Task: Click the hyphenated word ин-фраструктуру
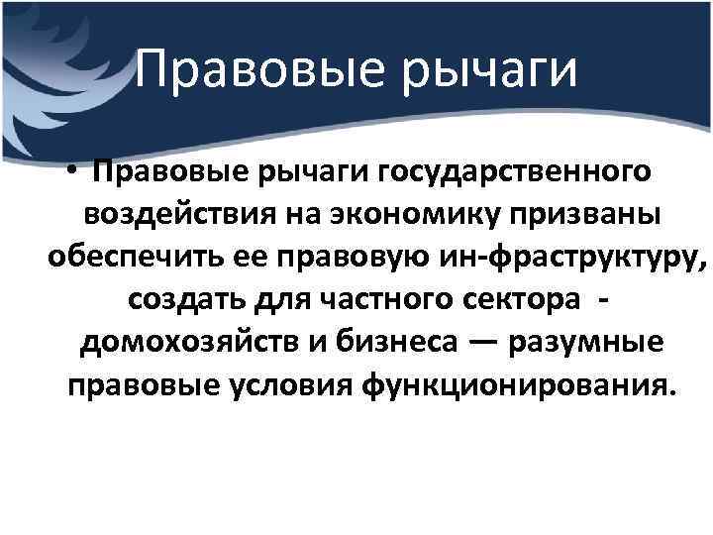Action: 569,260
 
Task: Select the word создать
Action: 184,300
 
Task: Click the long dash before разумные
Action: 483,342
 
